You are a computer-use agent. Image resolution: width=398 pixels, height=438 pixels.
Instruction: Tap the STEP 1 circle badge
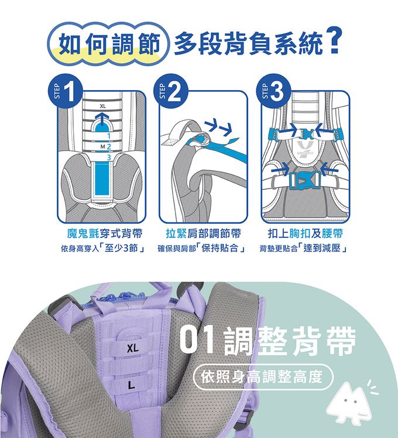66,91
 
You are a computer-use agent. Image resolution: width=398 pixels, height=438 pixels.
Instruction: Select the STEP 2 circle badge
170,91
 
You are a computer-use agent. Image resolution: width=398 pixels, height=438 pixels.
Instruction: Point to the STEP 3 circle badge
273,91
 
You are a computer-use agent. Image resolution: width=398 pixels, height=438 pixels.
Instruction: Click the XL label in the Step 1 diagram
103,107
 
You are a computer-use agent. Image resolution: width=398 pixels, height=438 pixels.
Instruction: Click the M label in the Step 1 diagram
103,146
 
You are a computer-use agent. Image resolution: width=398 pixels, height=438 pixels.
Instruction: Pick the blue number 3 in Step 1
109,158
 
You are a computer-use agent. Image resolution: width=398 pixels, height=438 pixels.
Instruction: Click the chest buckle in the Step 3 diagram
306,134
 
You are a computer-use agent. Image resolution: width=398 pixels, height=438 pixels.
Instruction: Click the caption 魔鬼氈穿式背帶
105,234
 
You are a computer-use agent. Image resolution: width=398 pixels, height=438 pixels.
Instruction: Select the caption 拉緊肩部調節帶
203,234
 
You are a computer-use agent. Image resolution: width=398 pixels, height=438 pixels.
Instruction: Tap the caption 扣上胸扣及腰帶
305,234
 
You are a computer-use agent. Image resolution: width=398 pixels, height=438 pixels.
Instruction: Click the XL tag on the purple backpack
132,348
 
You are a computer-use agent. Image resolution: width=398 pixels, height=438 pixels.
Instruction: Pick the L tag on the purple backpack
131,385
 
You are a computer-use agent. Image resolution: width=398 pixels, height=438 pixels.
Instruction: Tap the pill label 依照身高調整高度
263,377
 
